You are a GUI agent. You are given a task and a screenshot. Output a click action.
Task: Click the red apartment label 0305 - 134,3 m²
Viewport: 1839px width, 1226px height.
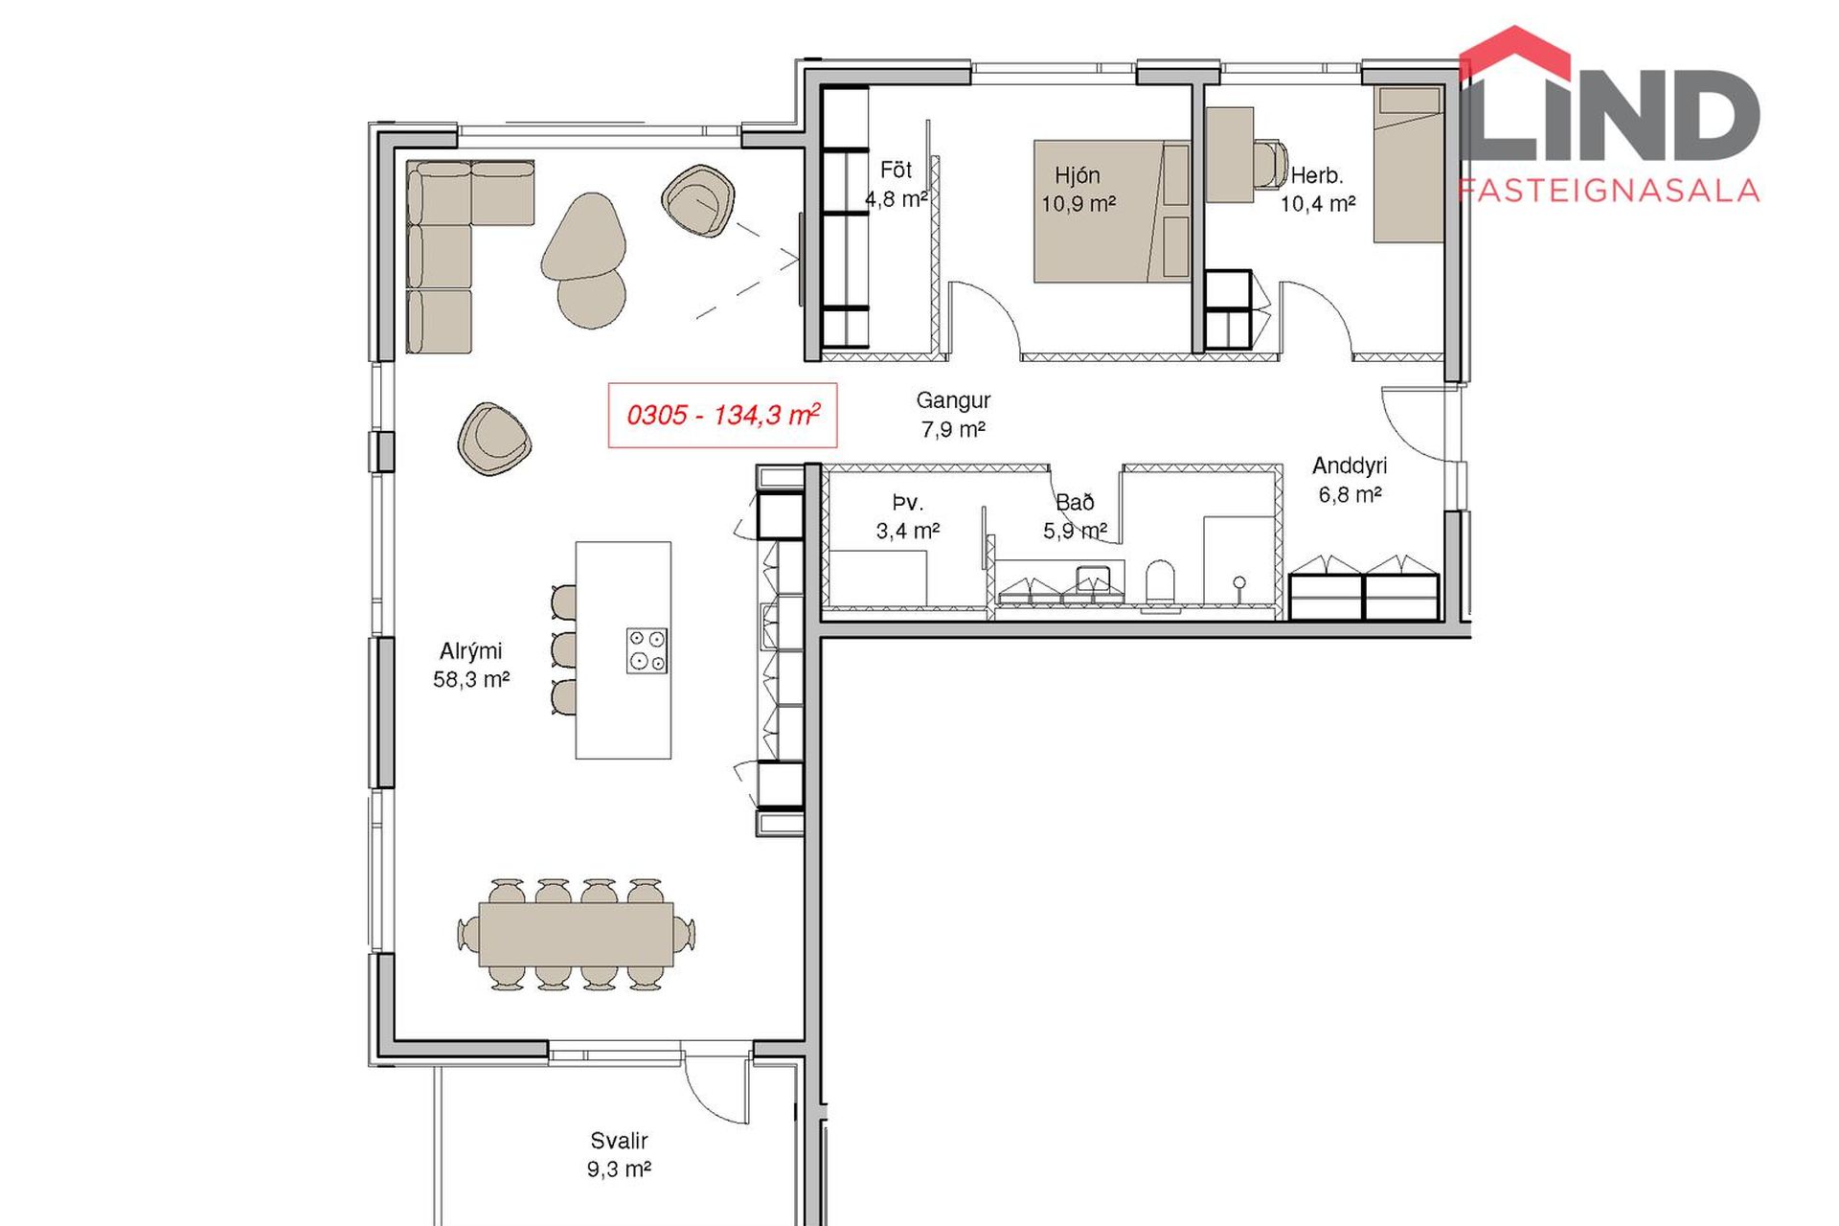(x=722, y=415)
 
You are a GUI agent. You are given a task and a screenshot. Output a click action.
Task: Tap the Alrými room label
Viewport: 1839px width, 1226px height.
(x=470, y=665)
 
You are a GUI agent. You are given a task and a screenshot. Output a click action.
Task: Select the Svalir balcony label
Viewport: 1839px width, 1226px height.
(x=619, y=1154)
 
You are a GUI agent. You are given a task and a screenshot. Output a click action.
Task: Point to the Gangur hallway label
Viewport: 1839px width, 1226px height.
(x=953, y=414)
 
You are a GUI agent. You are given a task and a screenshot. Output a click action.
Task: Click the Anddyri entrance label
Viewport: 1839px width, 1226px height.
(x=1350, y=480)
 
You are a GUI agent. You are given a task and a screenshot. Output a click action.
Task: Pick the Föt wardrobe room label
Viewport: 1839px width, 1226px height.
(x=896, y=184)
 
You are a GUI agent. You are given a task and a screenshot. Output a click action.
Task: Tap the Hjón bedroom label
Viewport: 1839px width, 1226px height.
(x=1078, y=189)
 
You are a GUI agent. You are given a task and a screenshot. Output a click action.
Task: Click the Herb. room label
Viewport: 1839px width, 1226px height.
(x=1318, y=189)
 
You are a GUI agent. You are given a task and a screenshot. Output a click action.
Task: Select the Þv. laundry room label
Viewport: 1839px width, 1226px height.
(x=907, y=516)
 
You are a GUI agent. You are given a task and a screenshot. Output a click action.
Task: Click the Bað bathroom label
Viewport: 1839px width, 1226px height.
(x=1075, y=516)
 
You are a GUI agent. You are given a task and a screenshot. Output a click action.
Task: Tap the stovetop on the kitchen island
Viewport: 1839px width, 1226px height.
(x=647, y=650)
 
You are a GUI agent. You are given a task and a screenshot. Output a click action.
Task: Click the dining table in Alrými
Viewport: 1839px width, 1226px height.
(x=576, y=934)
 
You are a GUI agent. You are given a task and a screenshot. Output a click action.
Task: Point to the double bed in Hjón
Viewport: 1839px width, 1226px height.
(x=1111, y=212)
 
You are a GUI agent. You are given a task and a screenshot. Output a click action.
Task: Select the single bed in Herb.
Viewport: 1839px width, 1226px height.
(x=1408, y=164)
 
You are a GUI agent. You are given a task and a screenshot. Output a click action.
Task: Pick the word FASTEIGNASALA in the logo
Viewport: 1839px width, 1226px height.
(x=1609, y=190)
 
